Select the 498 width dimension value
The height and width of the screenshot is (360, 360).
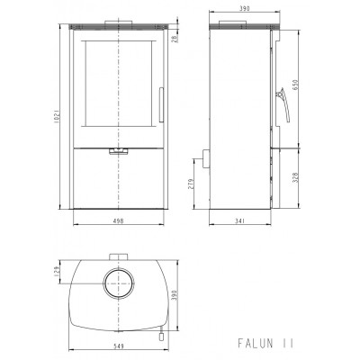119,221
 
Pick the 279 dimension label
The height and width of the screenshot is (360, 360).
192,184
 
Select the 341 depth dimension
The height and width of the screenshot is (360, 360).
240,221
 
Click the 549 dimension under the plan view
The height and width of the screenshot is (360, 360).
119,346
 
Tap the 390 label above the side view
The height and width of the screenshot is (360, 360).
245,9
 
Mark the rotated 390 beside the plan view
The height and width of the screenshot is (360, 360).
175,295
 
